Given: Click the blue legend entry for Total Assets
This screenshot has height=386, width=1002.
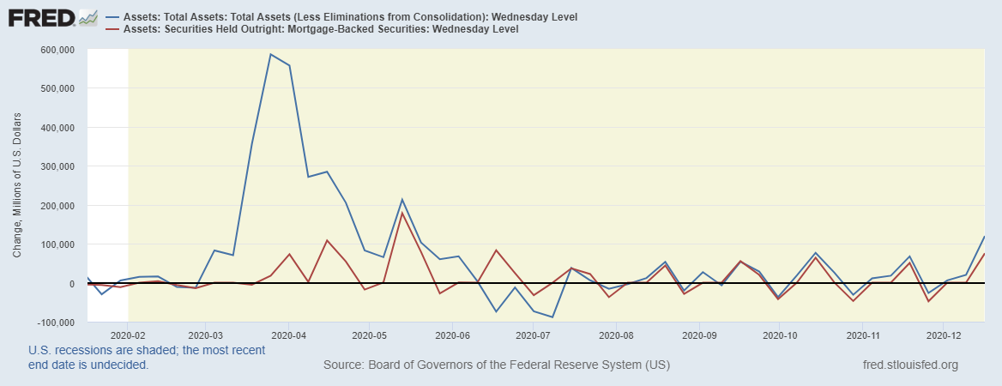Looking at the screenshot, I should (x=352, y=16).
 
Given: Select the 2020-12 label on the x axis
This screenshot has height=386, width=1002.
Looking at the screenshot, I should (x=944, y=335).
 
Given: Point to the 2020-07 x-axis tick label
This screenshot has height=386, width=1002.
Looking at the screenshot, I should (x=534, y=335).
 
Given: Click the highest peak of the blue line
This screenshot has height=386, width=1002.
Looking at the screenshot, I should (x=270, y=54).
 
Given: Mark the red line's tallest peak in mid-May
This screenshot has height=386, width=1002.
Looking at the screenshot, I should (x=402, y=213).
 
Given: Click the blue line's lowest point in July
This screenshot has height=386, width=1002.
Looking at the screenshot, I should (x=552, y=317).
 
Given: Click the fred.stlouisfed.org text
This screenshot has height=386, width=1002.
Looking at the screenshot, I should (x=909, y=365).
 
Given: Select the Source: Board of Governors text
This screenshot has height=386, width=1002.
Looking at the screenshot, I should (x=496, y=365).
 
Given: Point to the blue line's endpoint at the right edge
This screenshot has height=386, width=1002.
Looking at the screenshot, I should (x=984, y=236).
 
